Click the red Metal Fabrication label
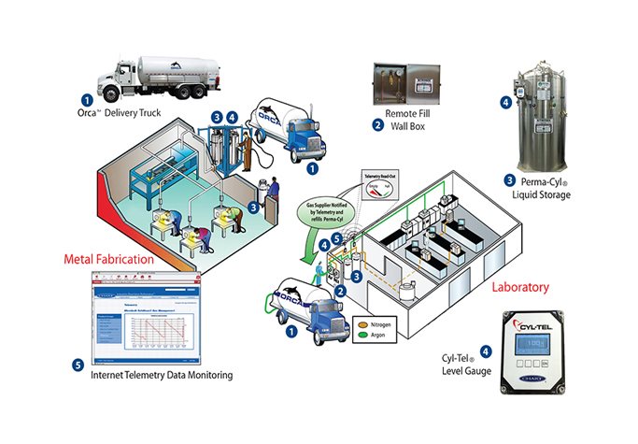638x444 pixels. pos(110,258)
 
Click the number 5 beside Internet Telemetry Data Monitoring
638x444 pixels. pos(78,365)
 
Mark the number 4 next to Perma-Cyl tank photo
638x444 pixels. pos(505,102)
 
